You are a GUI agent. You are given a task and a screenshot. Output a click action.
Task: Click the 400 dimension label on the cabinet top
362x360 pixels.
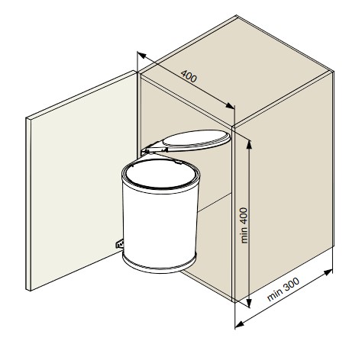tap(189, 76)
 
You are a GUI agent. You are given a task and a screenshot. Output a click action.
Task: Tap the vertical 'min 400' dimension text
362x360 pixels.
tap(244, 225)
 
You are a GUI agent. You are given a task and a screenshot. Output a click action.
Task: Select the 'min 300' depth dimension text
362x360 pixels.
tap(283, 289)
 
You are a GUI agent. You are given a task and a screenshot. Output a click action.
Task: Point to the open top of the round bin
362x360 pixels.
tap(160, 175)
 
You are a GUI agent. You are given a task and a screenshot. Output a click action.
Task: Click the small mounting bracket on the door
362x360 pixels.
tap(119, 244)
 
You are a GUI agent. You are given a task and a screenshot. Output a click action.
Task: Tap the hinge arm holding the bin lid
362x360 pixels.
tap(152, 148)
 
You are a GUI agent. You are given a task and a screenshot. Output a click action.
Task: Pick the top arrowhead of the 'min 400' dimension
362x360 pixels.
tap(249, 144)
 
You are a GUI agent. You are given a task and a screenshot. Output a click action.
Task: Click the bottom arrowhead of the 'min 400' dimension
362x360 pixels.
tap(249, 303)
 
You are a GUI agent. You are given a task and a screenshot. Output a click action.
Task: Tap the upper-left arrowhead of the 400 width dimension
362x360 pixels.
tap(141, 55)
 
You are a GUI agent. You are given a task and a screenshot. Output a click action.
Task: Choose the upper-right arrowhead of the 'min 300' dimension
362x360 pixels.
tap(328, 272)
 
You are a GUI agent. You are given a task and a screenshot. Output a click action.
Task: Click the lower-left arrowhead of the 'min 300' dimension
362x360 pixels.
tap(239, 324)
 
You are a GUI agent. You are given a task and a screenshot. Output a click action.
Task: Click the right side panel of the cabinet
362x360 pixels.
tap(284, 187)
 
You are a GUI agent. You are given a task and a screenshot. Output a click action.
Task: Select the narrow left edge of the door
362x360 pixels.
tap(28, 204)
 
